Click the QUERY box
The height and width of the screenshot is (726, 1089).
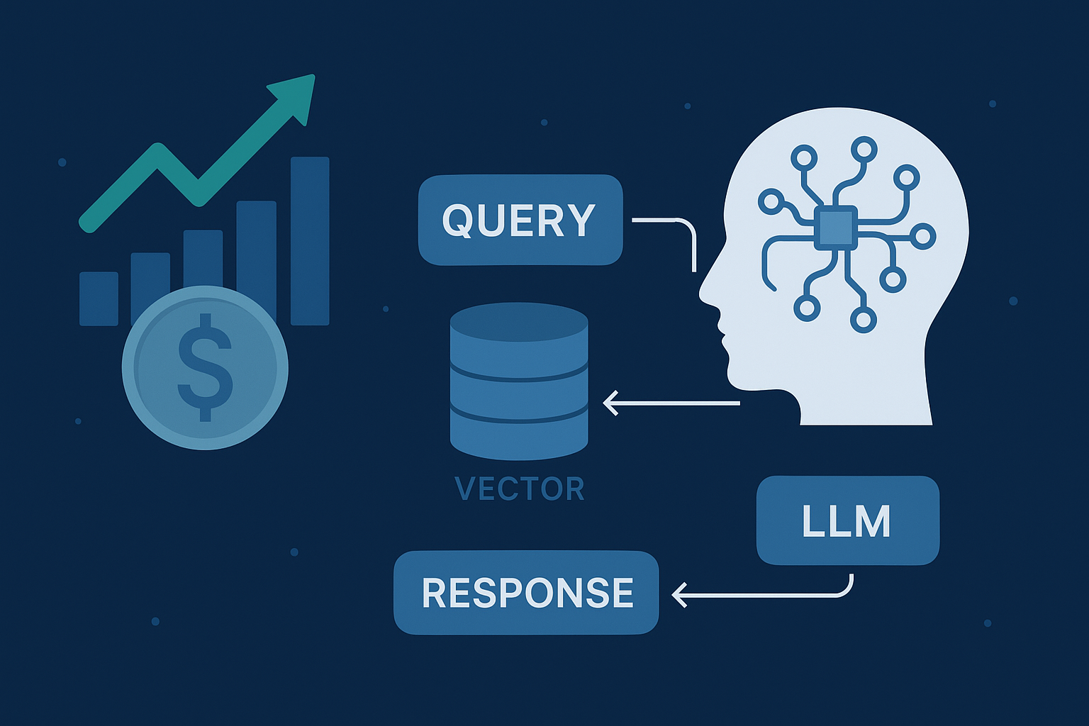click(x=520, y=220)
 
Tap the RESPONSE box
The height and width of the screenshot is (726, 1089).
click(x=526, y=593)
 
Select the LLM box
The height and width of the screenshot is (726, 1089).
click(x=847, y=521)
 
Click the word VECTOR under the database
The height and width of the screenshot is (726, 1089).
click(x=519, y=489)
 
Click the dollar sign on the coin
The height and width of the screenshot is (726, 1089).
click(x=205, y=367)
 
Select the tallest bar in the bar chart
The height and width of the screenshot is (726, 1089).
click(x=310, y=241)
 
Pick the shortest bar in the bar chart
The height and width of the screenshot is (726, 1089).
click(x=99, y=298)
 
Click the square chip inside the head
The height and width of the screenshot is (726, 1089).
click(x=836, y=228)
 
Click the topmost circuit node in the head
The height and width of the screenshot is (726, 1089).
click(x=864, y=150)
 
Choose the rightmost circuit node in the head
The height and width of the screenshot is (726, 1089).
click(x=923, y=236)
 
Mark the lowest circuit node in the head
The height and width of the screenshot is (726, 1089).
click(x=863, y=320)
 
